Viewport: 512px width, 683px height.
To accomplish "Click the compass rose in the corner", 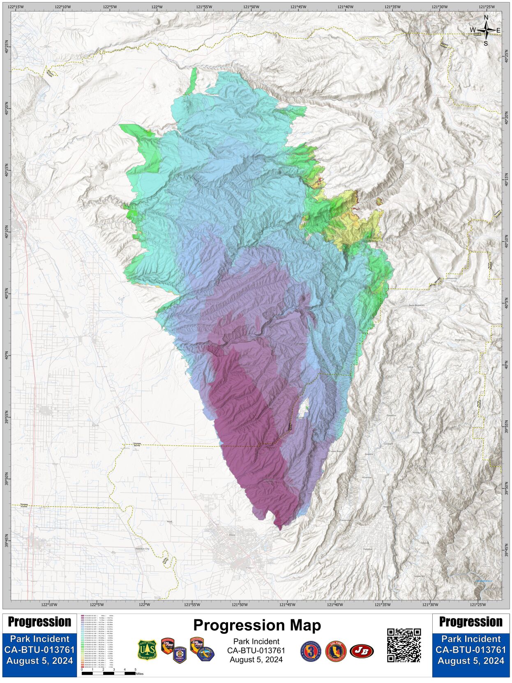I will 486,30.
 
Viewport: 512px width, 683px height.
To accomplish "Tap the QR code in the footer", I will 404,645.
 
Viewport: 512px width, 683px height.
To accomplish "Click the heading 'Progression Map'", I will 257,625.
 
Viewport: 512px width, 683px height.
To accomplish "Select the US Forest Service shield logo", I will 147,650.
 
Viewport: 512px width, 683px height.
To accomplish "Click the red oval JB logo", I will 362,651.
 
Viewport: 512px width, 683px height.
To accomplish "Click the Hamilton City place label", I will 142,549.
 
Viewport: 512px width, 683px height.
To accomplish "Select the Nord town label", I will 169,521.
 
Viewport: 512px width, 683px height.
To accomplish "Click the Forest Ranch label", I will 336,451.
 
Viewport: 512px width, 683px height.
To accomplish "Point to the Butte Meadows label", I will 416,305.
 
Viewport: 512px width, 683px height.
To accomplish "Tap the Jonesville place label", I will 451,278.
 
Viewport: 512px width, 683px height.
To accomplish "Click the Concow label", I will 424,543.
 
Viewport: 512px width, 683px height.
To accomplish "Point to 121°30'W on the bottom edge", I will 430,605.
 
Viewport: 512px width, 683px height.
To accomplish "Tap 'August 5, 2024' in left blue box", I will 39,661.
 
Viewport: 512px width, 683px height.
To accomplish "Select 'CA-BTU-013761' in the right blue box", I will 470,650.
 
